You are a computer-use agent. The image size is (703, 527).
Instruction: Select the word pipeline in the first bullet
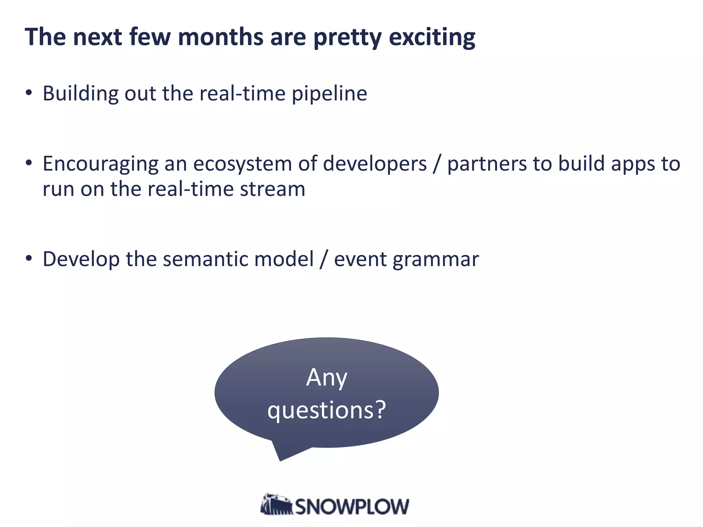pyautogui.click(x=329, y=94)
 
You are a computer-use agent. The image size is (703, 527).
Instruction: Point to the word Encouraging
pyautogui.click(x=100, y=164)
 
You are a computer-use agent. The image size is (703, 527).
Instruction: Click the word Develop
pyautogui.click(x=81, y=260)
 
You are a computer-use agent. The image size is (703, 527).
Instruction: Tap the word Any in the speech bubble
pyautogui.click(x=326, y=378)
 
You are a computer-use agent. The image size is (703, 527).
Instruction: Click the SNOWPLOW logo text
pyautogui.click(x=352, y=507)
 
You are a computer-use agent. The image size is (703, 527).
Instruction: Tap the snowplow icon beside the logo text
pyautogui.click(x=276, y=504)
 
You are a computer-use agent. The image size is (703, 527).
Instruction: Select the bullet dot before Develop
pyautogui.click(x=29, y=258)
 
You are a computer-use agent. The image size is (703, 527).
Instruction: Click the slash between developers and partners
pyautogui.click(x=437, y=164)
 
